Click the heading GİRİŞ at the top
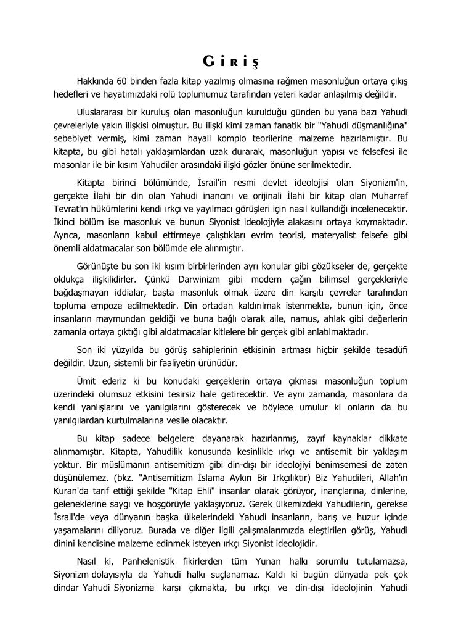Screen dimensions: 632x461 point(230,62)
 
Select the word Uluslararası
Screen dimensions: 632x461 point(104,112)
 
